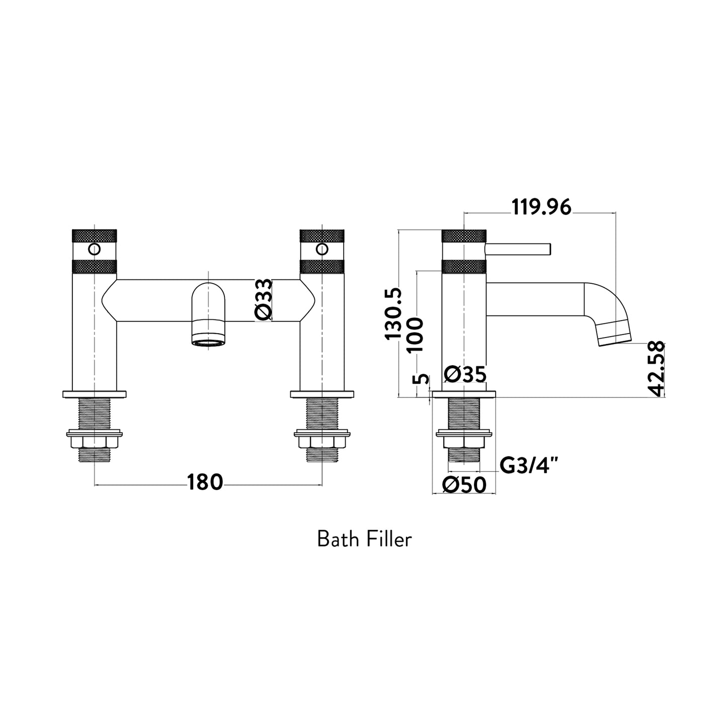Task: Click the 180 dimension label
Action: [x=205, y=483]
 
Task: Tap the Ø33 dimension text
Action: [x=264, y=300]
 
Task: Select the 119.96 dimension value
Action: [x=541, y=207]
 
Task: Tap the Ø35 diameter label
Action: [x=465, y=374]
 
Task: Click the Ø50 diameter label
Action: [x=464, y=485]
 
